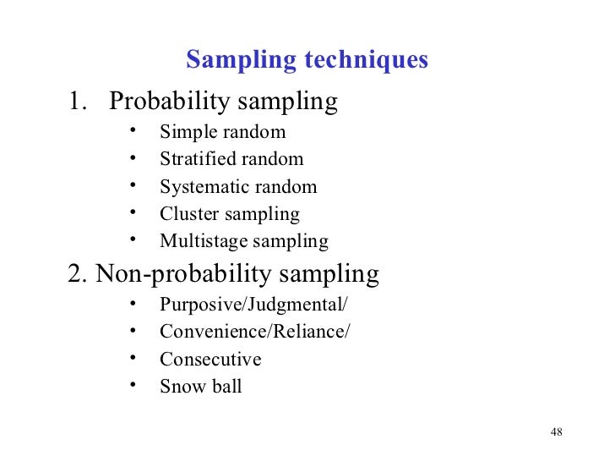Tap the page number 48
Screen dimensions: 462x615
click(x=556, y=432)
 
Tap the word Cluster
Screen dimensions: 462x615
click(x=186, y=214)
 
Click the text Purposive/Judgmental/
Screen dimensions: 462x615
click(x=253, y=305)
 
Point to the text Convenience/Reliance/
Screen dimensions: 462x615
click(x=254, y=332)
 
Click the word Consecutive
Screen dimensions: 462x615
click(x=210, y=360)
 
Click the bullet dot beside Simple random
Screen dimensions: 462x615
click(x=133, y=130)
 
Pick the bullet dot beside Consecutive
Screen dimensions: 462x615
click(x=133, y=357)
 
